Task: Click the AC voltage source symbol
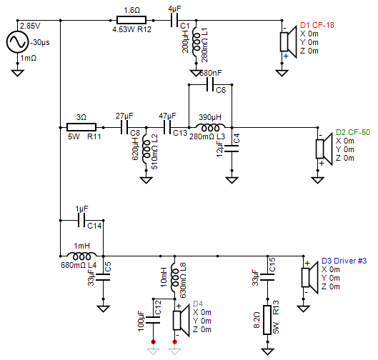coord(16,44)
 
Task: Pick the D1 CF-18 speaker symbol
coord(287,44)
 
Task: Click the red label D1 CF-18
coord(317,25)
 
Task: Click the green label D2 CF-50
coord(353,132)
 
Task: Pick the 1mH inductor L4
coord(81,255)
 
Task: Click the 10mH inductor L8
coord(175,275)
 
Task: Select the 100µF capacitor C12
coord(152,314)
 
